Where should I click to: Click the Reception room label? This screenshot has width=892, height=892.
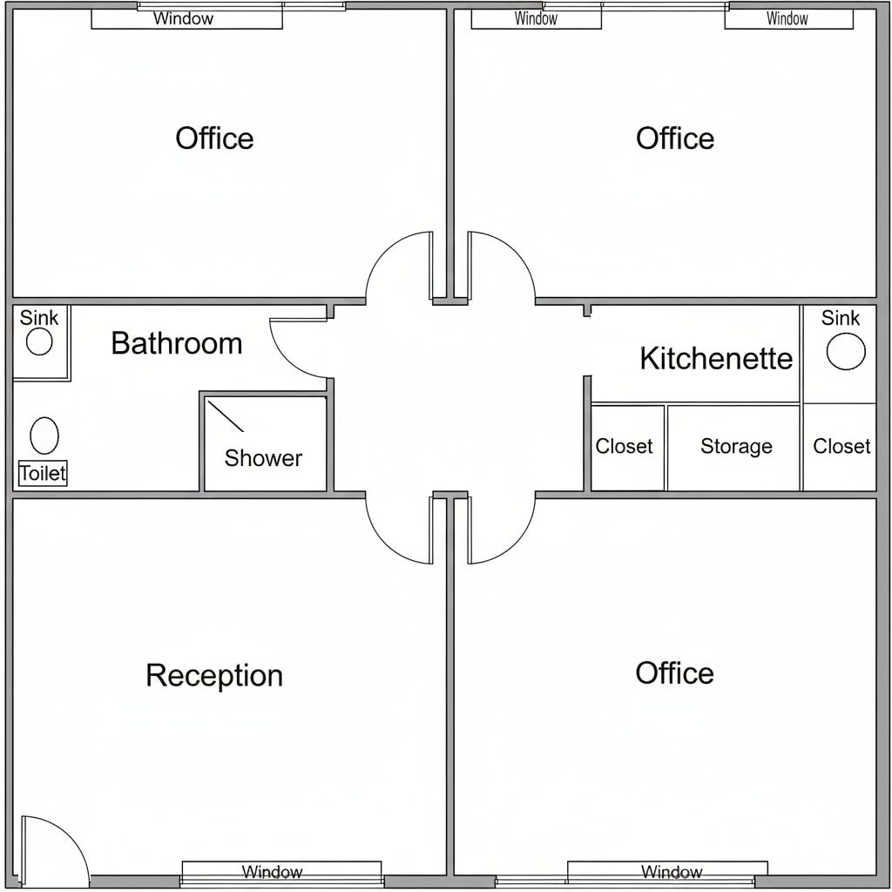coord(214,675)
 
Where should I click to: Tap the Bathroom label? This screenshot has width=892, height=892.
coord(177,343)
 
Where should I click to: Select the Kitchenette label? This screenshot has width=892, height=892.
coord(716,358)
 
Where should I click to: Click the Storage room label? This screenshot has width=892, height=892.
coord(736,447)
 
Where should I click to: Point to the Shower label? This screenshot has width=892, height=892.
coord(263,458)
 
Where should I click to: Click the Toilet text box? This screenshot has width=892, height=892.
coord(43,473)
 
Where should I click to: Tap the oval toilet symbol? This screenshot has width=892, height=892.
coord(44,436)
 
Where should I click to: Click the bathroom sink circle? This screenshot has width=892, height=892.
coord(39,341)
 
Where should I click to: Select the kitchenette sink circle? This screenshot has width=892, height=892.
coord(846,351)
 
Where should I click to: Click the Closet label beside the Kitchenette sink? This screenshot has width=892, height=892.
coord(841,447)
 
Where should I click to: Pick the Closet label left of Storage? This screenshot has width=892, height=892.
coord(624,447)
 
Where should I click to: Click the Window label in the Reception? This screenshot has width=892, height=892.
coord(272,871)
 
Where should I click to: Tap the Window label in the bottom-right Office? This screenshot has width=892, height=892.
coord(672,871)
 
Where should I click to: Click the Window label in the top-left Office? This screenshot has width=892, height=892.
coord(183,19)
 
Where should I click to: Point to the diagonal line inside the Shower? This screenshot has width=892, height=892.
coord(226,416)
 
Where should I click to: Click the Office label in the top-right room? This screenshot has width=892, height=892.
coord(675,139)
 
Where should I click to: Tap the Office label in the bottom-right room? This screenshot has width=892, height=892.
coord(675,673)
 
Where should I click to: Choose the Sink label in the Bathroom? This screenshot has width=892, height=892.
coord(38,317)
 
